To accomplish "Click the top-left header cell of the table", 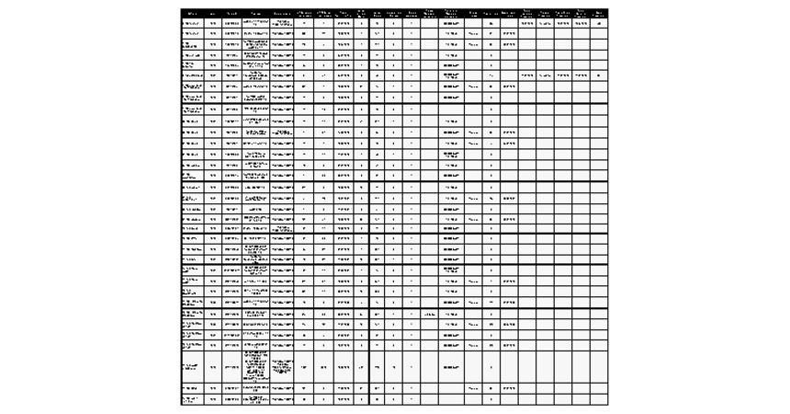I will pos(192,13).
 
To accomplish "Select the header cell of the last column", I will pos(599,13).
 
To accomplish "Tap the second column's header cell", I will pos(213,13).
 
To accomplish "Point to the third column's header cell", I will pos(231,13).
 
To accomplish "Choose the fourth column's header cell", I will pos(256,13).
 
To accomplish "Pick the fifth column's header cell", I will pos(284,13).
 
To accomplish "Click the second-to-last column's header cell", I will pos(581,13).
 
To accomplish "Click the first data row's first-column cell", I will pos(192,23).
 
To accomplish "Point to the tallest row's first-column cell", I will pos(192,367).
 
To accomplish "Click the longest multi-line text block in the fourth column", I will pos(256,367).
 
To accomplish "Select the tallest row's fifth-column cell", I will pos(284,367).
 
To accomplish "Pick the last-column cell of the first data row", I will pos(599,23).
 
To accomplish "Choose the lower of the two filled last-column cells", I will pos(599,75).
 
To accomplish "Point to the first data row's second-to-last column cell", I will pos(581,23).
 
